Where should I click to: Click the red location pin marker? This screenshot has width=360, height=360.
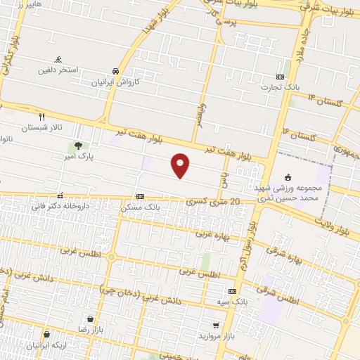coord(181,165)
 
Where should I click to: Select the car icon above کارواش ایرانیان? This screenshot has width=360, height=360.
coord(115,71)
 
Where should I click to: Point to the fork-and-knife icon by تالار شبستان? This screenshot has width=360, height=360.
coord(41,117)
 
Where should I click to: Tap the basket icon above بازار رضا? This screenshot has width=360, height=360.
coord(90,319)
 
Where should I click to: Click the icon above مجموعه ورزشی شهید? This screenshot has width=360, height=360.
coord(286,177)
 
